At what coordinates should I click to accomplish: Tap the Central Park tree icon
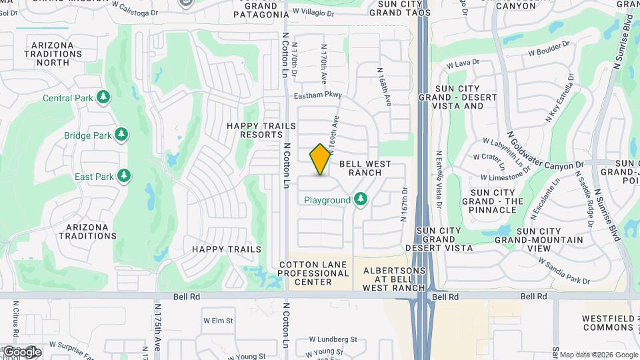[103, 98]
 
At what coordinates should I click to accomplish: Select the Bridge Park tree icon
[121, 135]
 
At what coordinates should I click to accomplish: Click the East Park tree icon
[124, 177]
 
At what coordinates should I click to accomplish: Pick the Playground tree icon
[361, 199]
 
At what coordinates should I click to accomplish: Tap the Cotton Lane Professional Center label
[314, 273]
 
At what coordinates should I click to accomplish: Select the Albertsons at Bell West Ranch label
[393, 279]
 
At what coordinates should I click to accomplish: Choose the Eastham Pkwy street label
[319, 95]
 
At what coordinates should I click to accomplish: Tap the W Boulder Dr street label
[550, 48]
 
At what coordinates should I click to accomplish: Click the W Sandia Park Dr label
[563, 271]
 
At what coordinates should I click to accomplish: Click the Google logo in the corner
[22, 351]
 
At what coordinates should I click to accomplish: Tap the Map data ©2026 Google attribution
[598, 355]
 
